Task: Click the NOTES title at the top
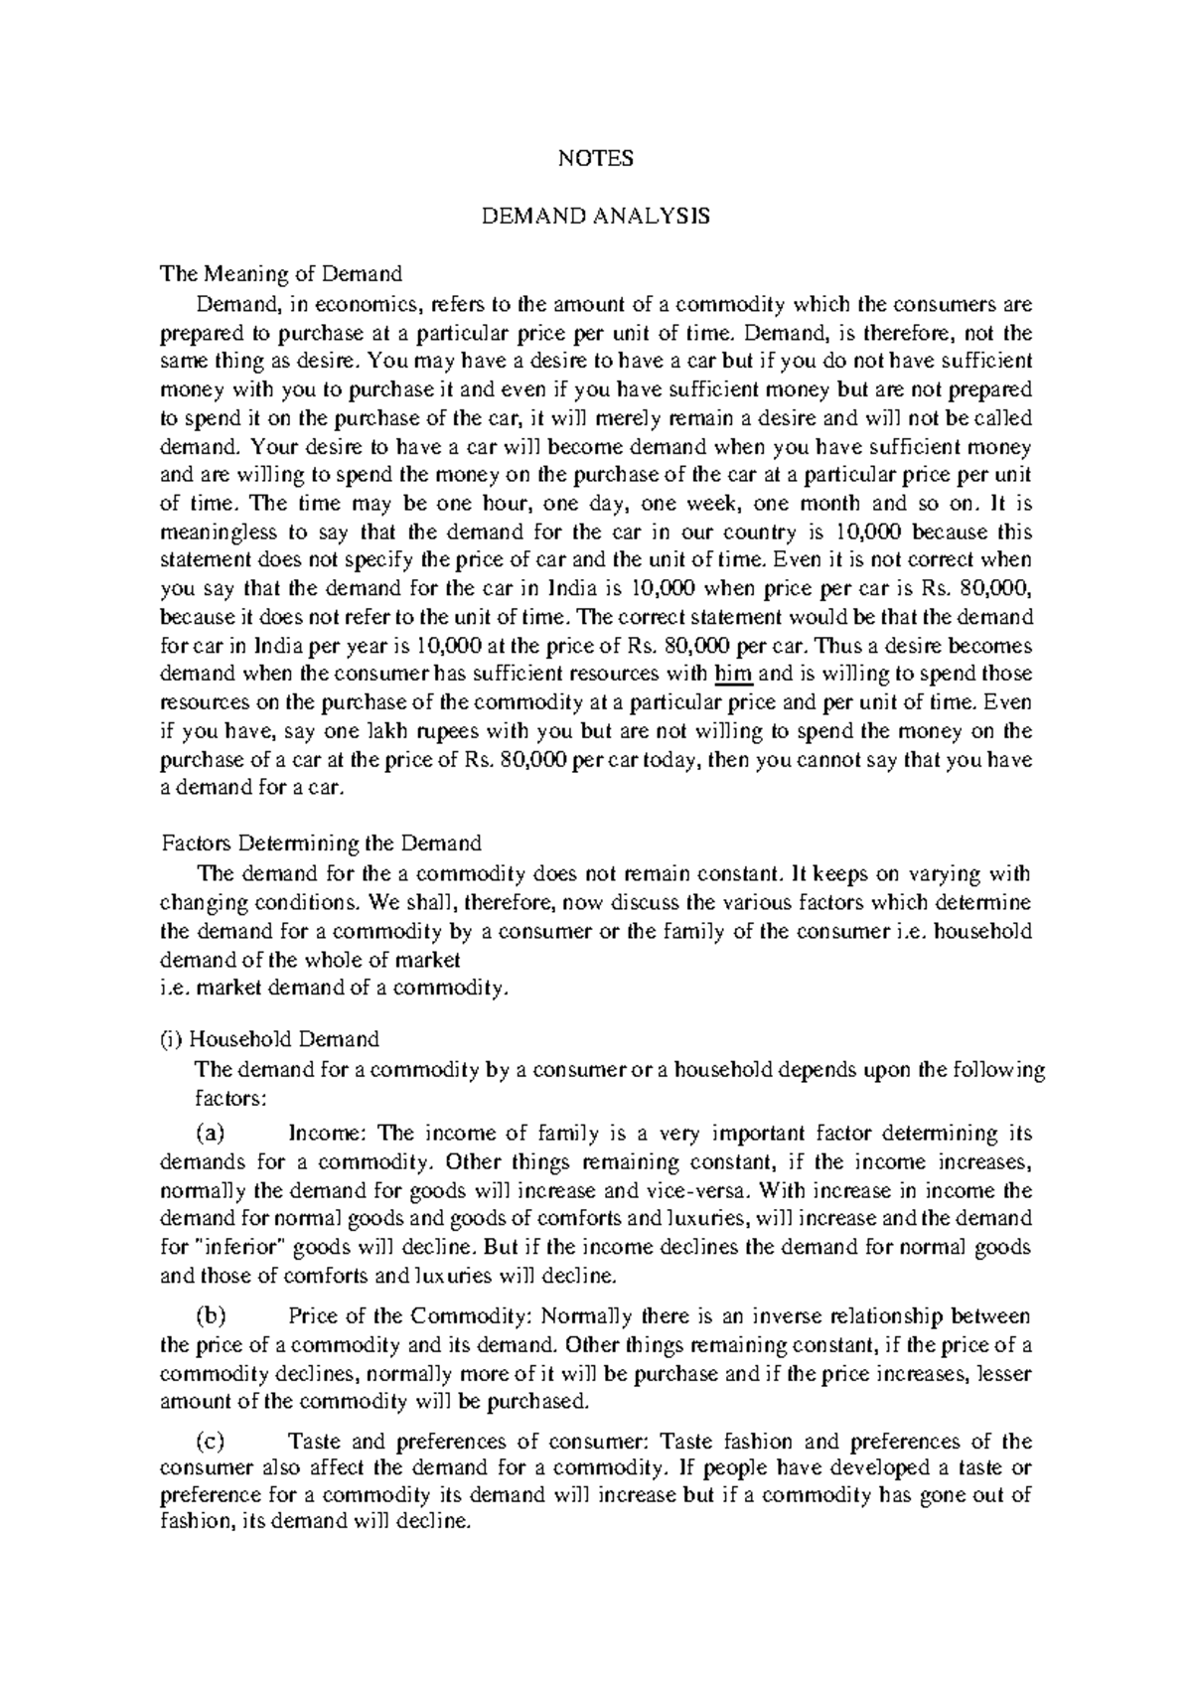(595, 159)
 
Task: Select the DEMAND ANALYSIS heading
(595, 217)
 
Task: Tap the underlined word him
(734, 674)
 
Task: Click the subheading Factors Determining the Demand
(321, 843)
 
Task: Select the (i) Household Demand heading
(270, 1039)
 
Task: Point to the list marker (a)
(211, 1133)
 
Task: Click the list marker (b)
(211, 1316)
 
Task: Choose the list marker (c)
(211, 1442)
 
